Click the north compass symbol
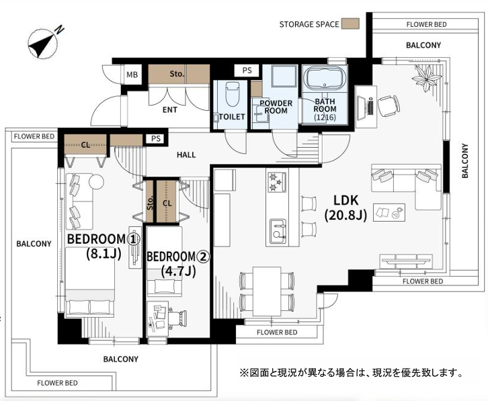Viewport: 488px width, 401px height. (44, 43)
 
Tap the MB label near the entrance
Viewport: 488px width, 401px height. (132, 75)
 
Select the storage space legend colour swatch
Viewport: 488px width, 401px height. (350, 24)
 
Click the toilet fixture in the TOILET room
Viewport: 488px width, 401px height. (231, 93)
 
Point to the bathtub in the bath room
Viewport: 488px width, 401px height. (325, 79)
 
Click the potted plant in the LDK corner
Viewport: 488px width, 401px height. (426, 78)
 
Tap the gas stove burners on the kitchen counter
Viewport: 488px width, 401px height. (278, 182)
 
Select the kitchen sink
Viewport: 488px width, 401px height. (278, 231)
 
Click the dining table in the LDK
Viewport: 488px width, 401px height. (267, 291)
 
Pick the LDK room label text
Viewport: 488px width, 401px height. (345, 208)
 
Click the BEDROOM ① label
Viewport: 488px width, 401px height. (104, 239)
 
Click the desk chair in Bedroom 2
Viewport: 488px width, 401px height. (177, 318)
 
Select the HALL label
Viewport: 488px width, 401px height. (186, 154)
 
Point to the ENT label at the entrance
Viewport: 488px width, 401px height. (169, 109)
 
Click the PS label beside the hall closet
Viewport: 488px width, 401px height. (156, 139)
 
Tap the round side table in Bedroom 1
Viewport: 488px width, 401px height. (96, 181)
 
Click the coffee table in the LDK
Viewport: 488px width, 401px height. (389, 212)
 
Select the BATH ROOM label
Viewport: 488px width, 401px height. (325, 105)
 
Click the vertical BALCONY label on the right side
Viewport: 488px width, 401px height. (464, 161)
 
